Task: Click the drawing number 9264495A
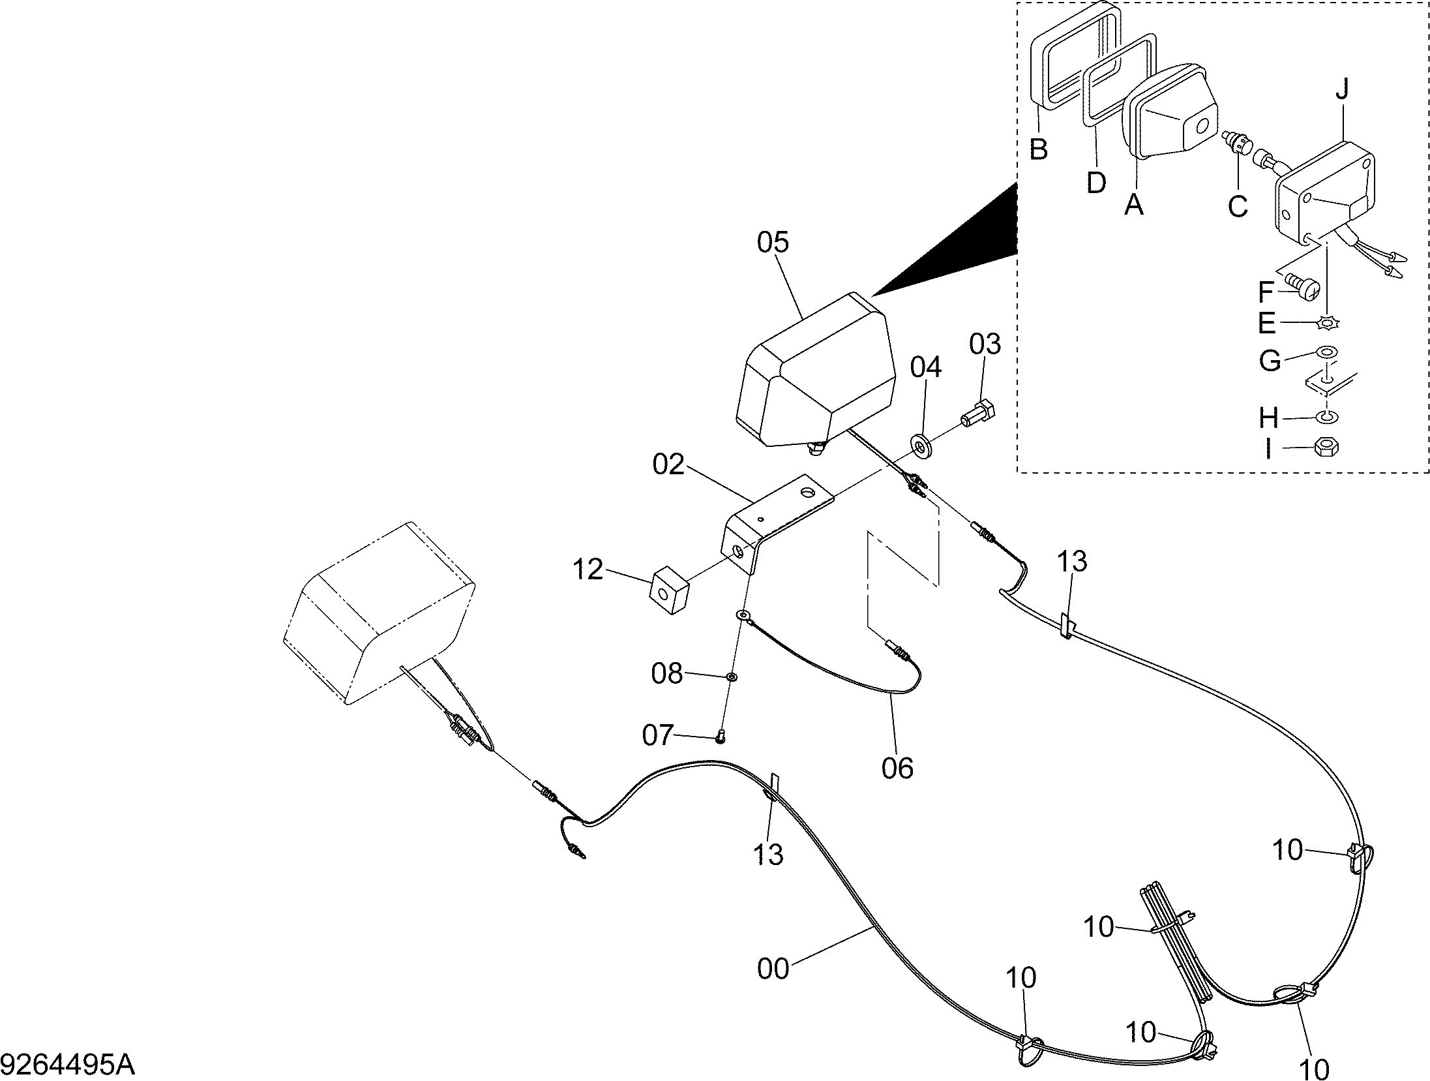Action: [68, 1066]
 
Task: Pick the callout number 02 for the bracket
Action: [668, 464]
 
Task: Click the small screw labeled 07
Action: [720, 738]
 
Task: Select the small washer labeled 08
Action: [732, 677]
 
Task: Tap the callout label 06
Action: [897, 769]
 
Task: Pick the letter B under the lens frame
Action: [1039, 149]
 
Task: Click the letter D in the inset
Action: [1096, 182]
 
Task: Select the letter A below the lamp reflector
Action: [1134, 204]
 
